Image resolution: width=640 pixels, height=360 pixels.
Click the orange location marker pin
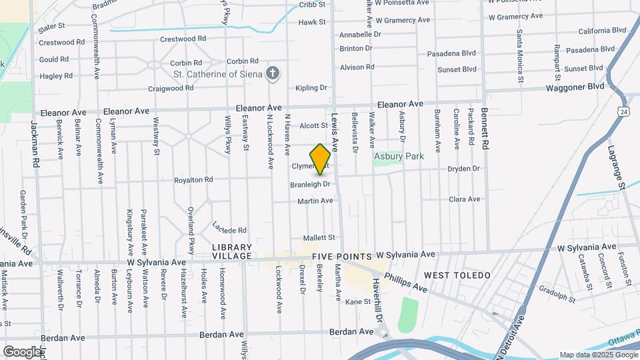click(320, 159)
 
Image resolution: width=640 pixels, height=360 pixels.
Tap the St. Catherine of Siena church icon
click(272, 73)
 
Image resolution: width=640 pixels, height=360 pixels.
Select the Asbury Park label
click(399, 157)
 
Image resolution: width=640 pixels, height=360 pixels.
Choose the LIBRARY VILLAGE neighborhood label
click(232, 251)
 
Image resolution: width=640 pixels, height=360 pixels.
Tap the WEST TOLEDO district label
click(457, 275)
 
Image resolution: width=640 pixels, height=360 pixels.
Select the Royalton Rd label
click(193, 180)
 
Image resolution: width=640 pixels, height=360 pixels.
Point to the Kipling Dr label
click(311, 87)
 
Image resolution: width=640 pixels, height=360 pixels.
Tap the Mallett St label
click(318, 237)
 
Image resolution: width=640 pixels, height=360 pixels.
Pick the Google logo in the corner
click(22, 351)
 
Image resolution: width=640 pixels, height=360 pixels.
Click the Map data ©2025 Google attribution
click(597, 355)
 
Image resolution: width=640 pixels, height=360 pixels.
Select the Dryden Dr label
click(463, 169)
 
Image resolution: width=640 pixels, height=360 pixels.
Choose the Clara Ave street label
click(464, 199)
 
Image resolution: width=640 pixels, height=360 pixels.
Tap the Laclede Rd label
click(229, 228)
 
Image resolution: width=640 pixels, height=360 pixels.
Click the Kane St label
click(357, 302)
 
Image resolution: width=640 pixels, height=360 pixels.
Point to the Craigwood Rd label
click(170, 88)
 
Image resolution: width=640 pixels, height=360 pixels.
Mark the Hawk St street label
click(311, 22)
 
